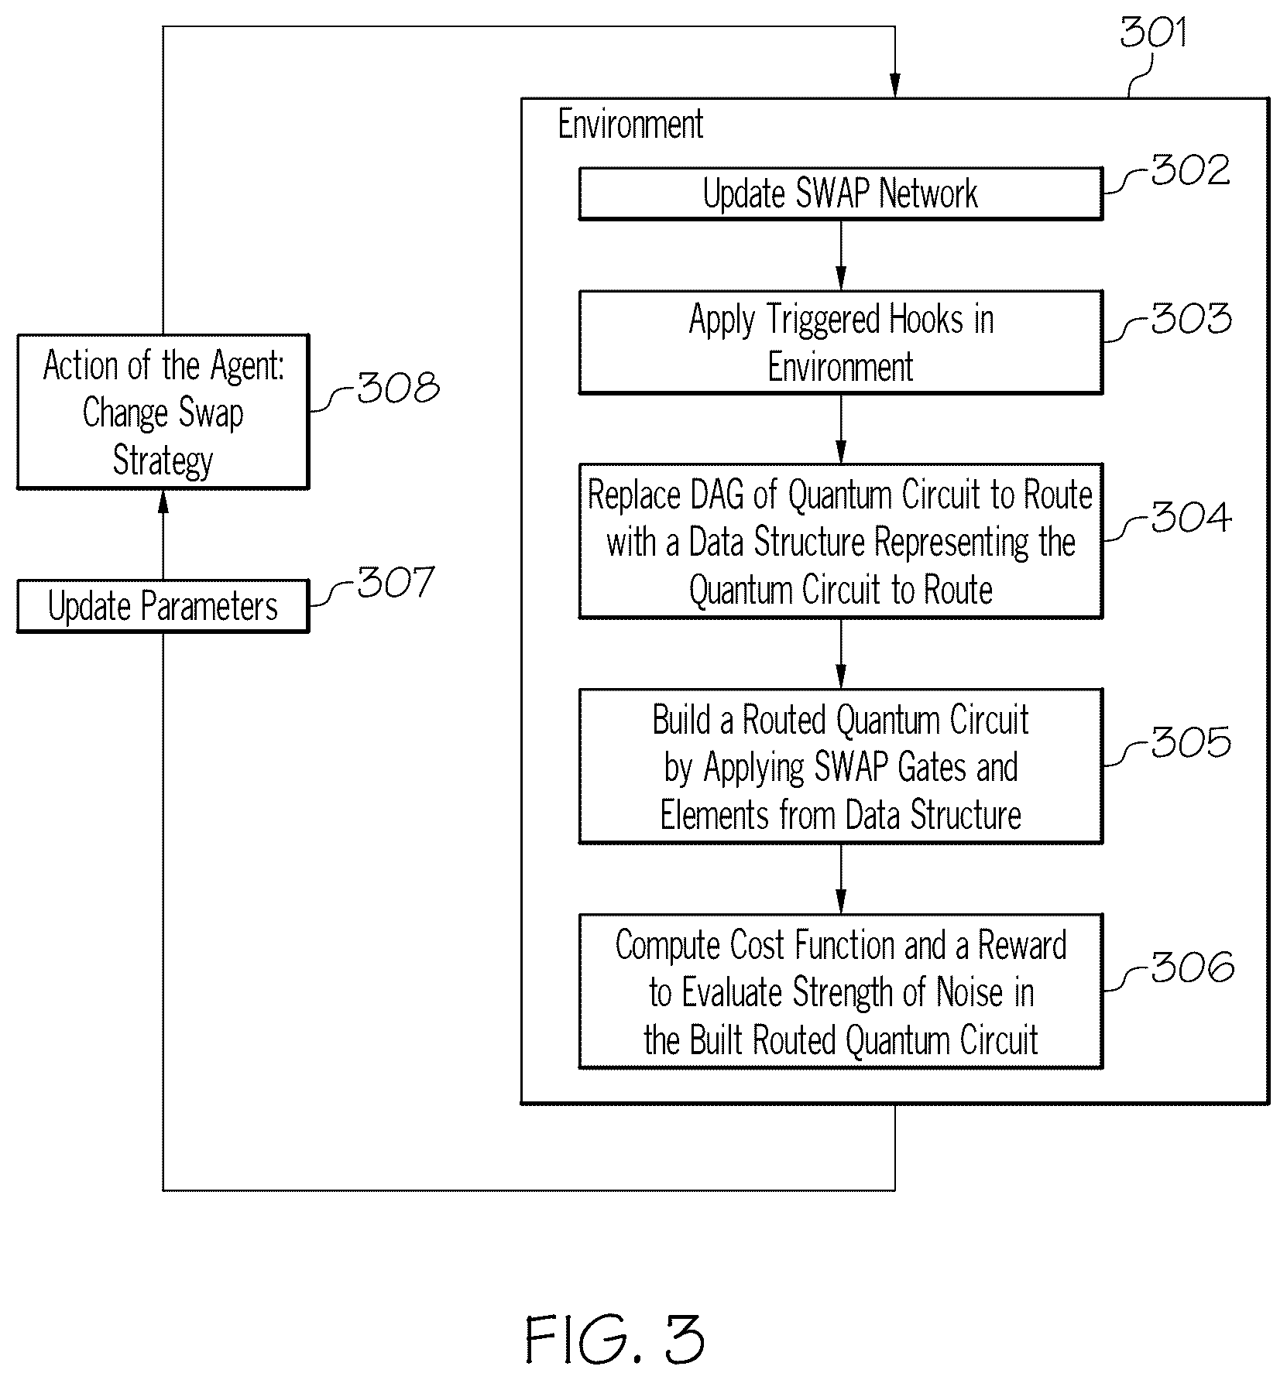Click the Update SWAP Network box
840,193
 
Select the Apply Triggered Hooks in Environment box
840,342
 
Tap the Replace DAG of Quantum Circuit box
840,541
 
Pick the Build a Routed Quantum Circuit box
840,766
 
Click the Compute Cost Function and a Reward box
840,991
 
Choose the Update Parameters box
163,606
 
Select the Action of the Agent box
163,412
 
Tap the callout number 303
1191,318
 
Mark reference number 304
1191,517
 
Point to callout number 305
1191,742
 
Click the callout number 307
395,582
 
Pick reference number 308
398,387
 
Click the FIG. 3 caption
615,1339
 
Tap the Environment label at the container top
630,124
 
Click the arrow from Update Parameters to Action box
163,535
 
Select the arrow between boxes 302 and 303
841,255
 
